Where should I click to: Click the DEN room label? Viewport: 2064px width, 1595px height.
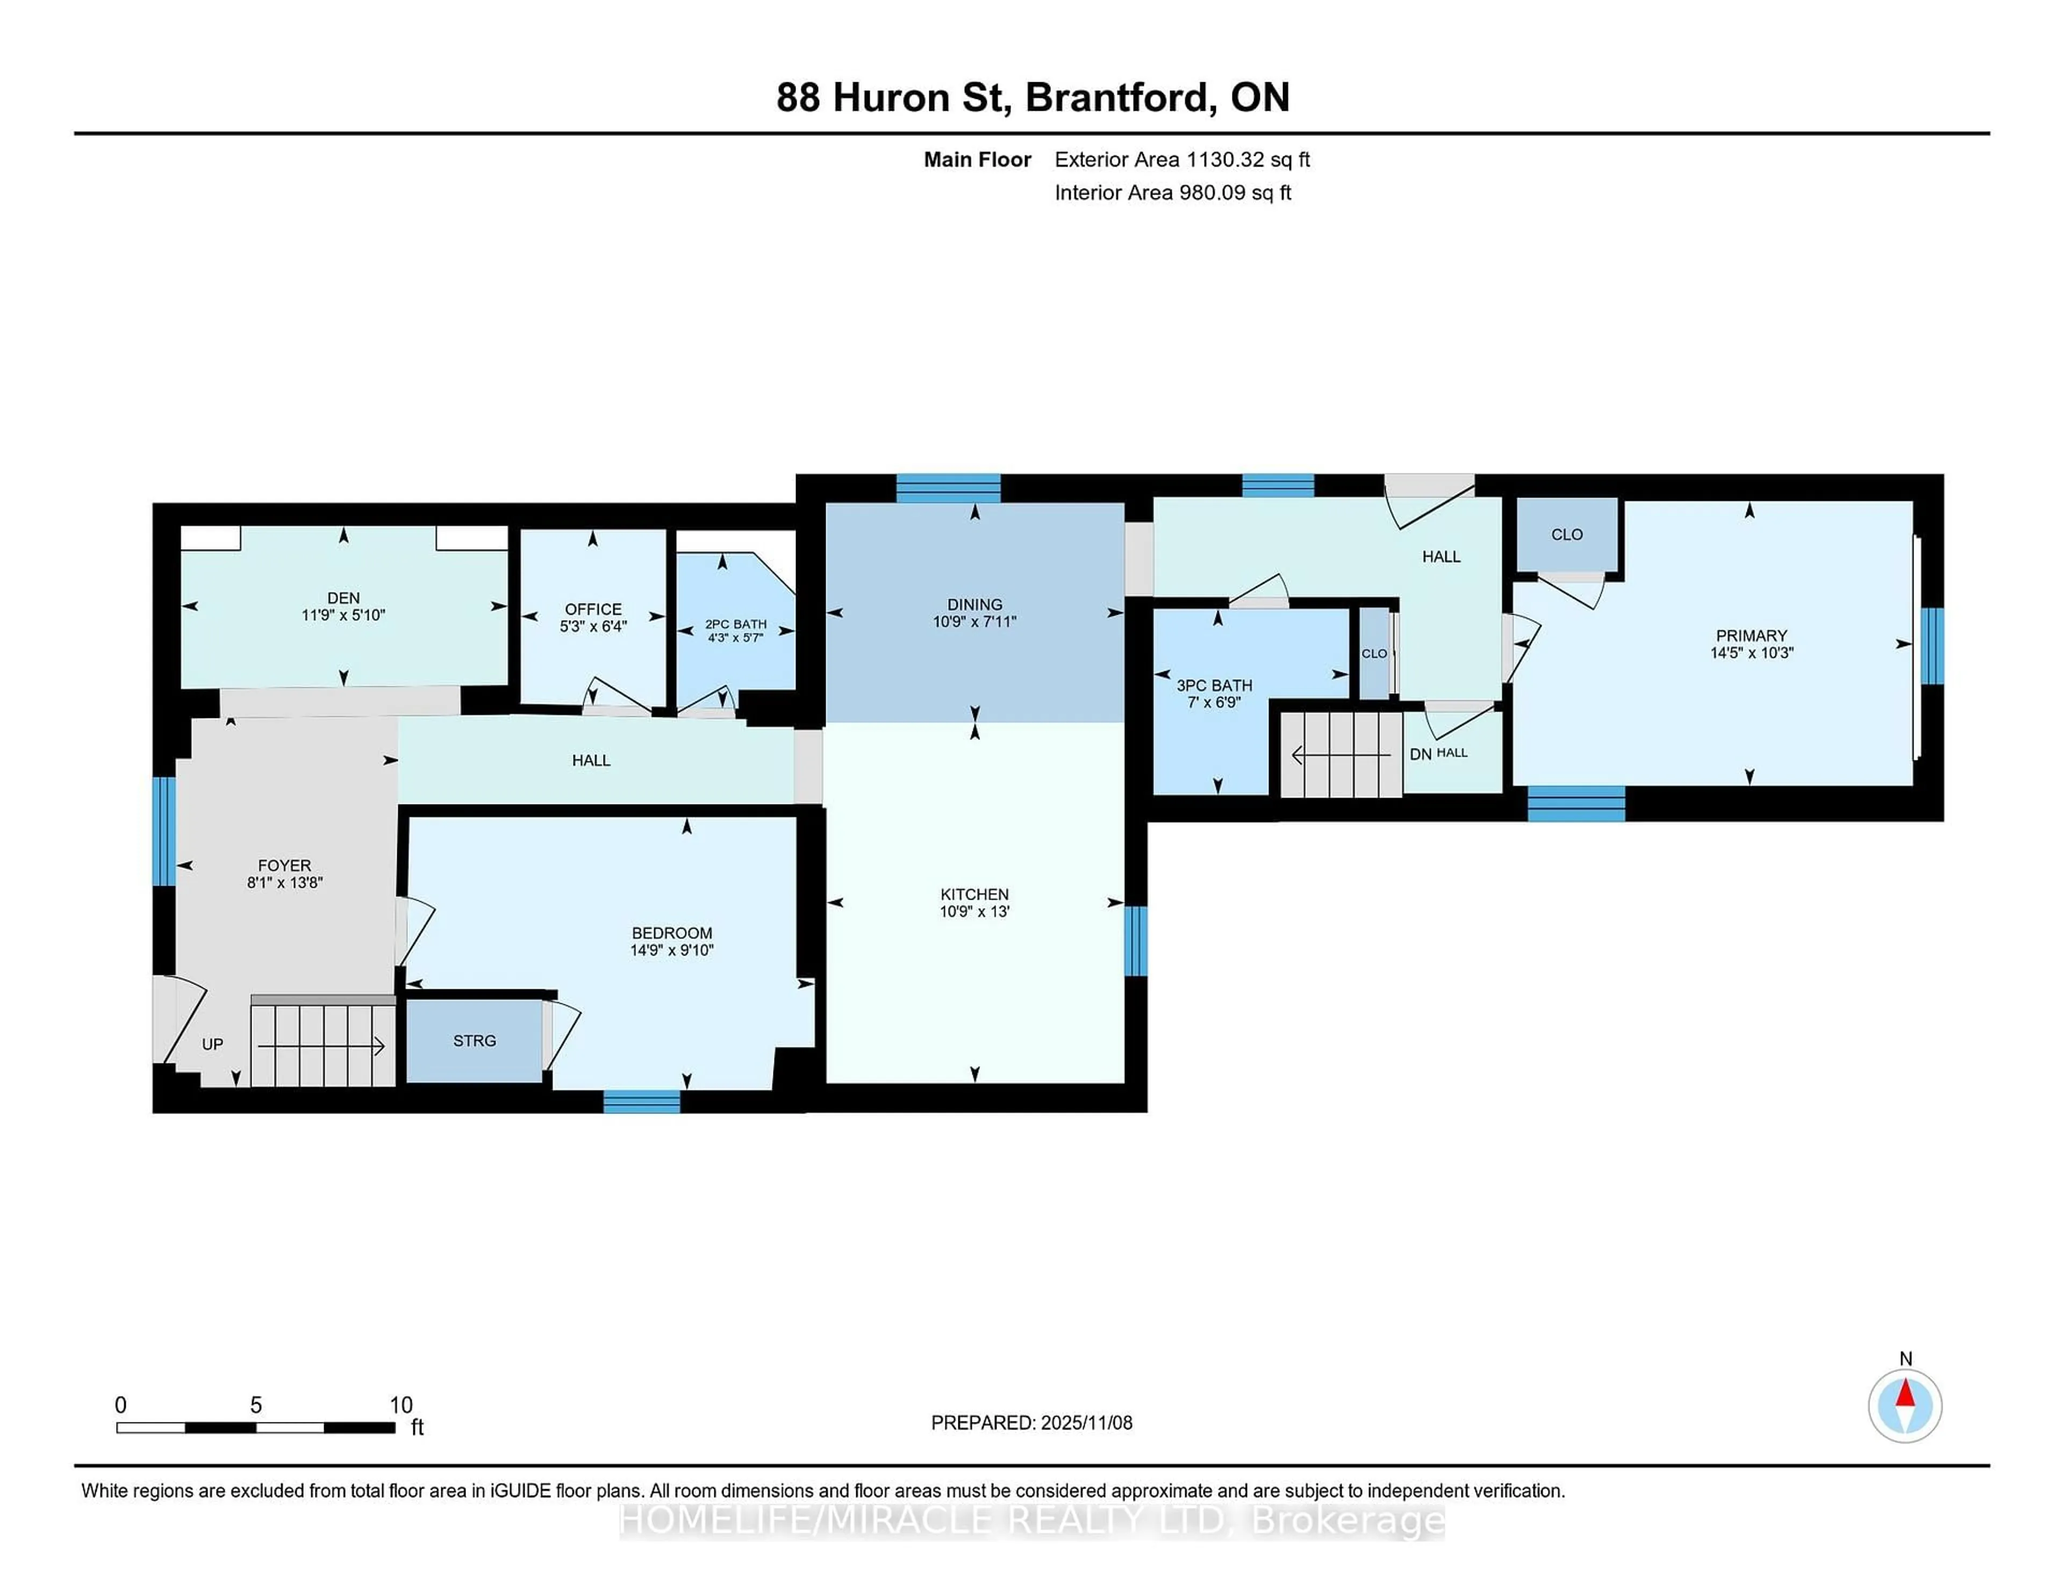coord(343,597)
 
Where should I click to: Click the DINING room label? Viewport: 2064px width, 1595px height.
coord(974,605)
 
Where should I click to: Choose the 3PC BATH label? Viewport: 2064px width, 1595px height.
coord(1214,685)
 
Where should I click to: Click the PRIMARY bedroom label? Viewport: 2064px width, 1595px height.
coord(1750,636)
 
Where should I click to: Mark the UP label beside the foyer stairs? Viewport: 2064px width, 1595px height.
coord(213,1044)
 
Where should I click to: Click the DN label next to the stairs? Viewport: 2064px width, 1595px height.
coord(1420,754)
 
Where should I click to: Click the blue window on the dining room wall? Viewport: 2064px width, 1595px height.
coord(948,487)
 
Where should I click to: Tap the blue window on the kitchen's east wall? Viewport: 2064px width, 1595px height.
coord(1135,940)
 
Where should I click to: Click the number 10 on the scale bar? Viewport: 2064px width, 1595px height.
coord(400,1405)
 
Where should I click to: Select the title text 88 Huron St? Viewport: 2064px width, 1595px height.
coord(893,97)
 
